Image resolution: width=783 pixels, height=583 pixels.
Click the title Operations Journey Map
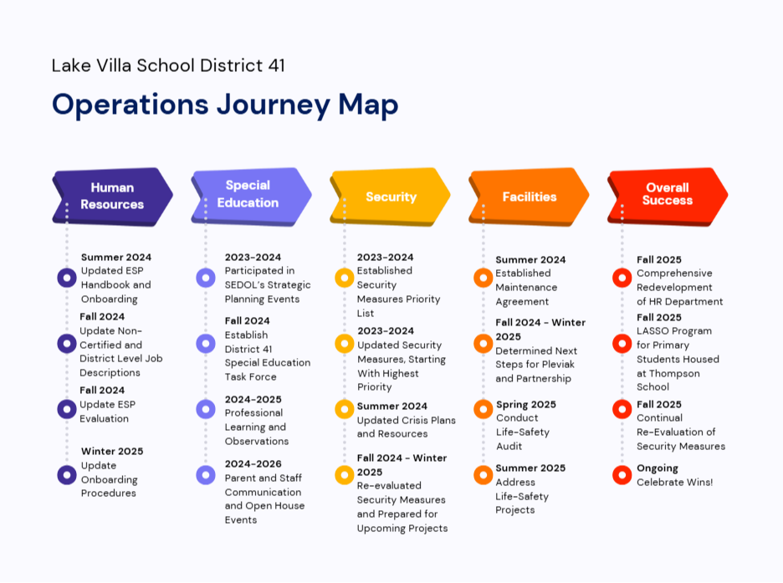(x=225, y=105)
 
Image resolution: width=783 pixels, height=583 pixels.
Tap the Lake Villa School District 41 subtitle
(x=168, y=65)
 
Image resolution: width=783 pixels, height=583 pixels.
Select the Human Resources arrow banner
(x=112, y=197)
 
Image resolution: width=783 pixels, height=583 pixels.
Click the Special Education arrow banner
(x=251, y=197)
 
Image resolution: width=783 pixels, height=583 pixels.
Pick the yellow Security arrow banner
(x=390, y=197)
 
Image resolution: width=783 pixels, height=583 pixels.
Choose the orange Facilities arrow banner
(x=529, y=197)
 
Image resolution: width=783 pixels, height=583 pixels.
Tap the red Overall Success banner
(x=668, y=197)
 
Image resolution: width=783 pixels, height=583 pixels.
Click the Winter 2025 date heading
(x=112, y=451)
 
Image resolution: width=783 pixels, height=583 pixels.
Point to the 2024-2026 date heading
(x=253, y=463)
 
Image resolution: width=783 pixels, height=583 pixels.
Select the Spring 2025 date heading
(x=526, y=404)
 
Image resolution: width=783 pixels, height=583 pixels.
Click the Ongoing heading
(x=658, y=468)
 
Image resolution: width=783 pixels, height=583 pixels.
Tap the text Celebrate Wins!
(x=674, y=482)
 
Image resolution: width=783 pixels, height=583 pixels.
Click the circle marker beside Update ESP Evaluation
(x=67, y=409)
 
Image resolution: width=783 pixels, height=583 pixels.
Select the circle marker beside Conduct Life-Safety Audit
(x=484, y=409)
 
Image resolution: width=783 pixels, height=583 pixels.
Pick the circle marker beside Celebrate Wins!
(x=622, y=475)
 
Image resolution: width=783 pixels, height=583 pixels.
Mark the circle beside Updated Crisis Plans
(x=345, y=409)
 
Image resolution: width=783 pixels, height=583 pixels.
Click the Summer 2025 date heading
(x=530, y=468)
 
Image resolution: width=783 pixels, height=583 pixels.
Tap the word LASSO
(x=653, y=331)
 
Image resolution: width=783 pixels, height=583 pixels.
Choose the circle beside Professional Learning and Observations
(x=206, y=409)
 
